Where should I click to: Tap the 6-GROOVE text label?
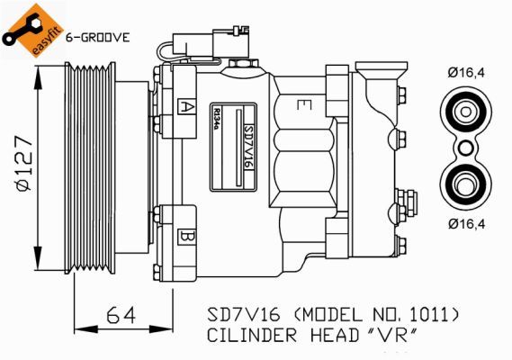click(x=98, y=38)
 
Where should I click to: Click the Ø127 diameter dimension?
click(x=25, y=164)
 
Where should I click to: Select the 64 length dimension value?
click(x=121, y=316)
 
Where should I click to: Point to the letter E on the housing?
click(x=304, y=105)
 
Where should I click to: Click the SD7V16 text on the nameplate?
click(x=249, y=147)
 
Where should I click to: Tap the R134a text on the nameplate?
click(x=216, y=119)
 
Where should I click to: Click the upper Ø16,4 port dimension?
click(x=466, y=73)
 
